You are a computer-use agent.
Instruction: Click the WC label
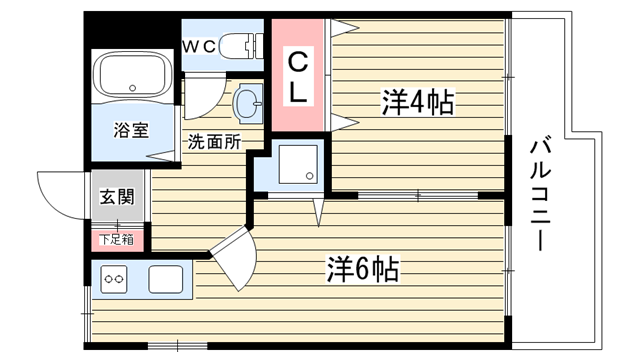point(198,47)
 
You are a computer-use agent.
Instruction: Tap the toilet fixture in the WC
point(241,46)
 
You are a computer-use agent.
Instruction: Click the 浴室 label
point(131,130)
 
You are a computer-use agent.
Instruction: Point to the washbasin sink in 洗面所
point(248,103)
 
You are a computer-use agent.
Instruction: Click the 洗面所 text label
point(214,142)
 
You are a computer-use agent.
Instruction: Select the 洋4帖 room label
point(418,102)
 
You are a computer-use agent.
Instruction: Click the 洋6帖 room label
point(362,269)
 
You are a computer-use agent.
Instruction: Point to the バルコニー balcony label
point(541,195)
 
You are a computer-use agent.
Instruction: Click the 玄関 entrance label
point(117,197)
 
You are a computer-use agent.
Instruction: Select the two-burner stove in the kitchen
point(114,279)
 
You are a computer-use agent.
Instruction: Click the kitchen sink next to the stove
point(165,279)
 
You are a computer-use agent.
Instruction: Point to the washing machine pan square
point(298,164)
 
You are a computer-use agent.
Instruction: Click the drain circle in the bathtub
point(132,88)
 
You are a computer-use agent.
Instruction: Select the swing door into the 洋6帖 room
point(234,257)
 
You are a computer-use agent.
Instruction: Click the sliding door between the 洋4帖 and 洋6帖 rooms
point(418,196)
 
